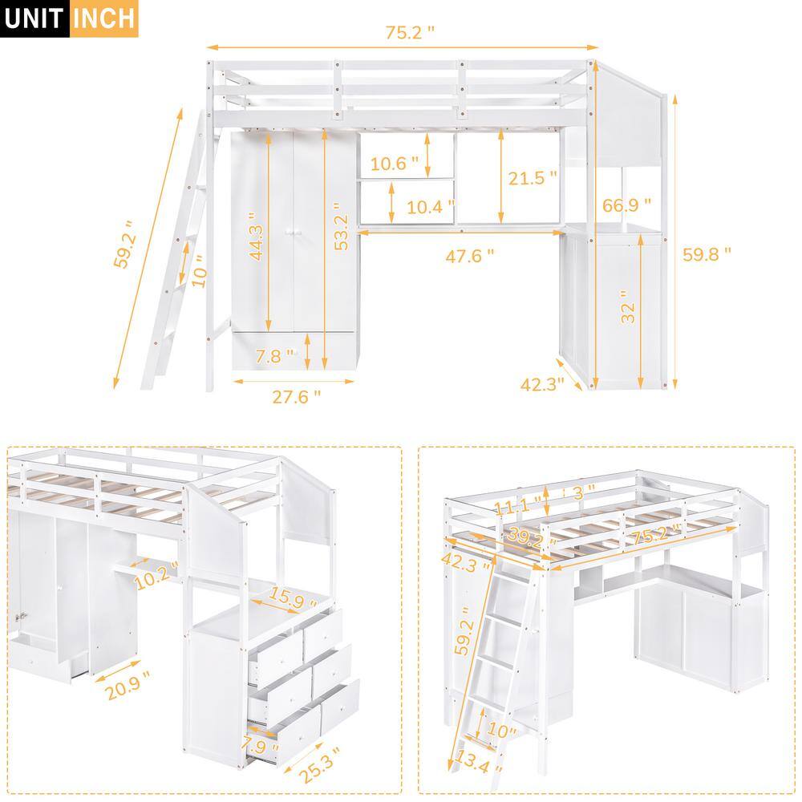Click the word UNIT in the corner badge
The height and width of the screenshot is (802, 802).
click(34, 18)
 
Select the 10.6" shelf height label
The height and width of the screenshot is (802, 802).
click(395, 164)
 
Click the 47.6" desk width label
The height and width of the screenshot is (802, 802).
click(468, 255)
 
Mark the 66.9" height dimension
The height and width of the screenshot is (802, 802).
click(627, 207)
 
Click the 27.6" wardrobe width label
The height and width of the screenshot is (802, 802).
click(294, 395)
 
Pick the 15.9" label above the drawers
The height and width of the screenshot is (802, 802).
click(290, 597)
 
